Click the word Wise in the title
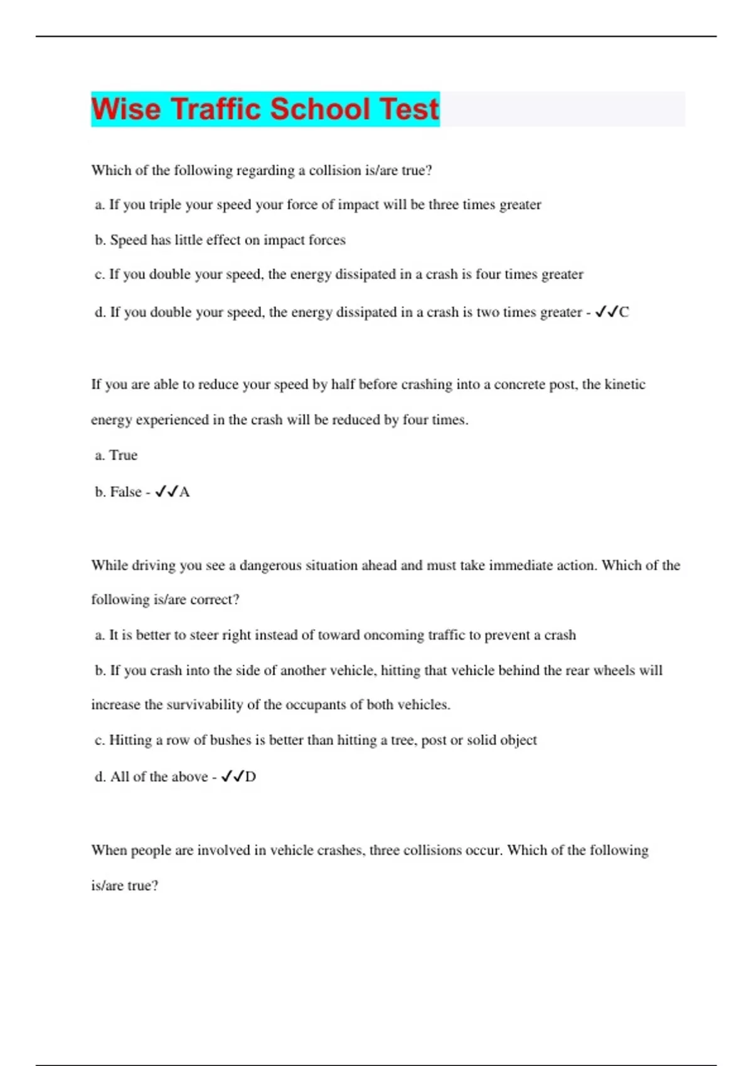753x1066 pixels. [x=125, y=109]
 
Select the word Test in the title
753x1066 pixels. [x=409, y=109]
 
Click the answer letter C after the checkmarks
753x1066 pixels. [x=624, y=312]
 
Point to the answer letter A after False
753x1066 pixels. [x=184, y=492]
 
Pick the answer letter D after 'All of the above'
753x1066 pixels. [x=250, y=777]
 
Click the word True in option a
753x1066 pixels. [x=123, y=455]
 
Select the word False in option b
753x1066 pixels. [x=125, y=492]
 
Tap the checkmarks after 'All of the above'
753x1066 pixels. [x=232, y=777]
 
